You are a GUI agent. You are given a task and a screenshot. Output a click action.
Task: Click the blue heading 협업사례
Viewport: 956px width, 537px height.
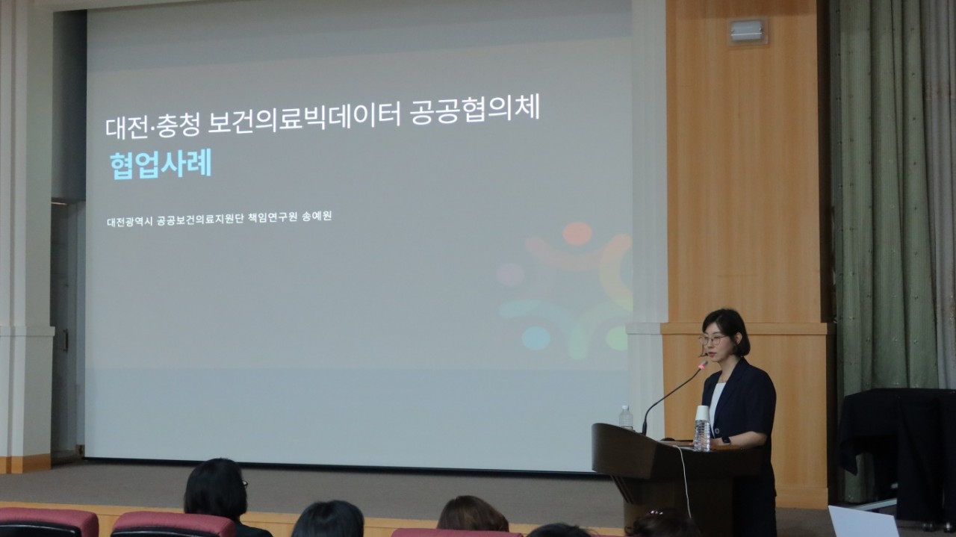[161, 165]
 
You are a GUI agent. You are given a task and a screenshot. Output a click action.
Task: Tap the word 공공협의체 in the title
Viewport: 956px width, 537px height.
[474, 110]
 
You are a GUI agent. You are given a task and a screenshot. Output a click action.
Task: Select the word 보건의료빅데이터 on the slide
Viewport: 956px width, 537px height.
[303, 117]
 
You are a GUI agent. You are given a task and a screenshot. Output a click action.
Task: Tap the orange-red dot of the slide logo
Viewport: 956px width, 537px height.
[577, 233]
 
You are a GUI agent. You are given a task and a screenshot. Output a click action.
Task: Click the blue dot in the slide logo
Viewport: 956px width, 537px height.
[536, 338]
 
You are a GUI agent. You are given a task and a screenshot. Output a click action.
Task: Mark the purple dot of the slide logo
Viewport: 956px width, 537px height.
[510, 274]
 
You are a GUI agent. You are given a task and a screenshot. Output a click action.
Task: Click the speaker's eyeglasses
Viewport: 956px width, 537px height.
[713, 340]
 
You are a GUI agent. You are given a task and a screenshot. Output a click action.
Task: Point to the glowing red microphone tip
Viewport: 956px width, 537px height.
[702, 365]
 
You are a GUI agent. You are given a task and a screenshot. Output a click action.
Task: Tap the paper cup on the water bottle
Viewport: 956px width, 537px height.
[703, 413]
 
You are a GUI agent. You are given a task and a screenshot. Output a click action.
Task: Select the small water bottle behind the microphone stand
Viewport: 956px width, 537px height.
[626, 418]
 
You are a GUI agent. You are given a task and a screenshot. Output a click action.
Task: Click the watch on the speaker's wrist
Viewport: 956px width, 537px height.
[726, 440]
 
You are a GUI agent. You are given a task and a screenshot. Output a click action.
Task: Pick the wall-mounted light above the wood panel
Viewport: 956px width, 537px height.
[746, 31]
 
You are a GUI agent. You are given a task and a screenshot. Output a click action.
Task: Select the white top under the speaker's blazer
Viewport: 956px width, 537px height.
[716, 403]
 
